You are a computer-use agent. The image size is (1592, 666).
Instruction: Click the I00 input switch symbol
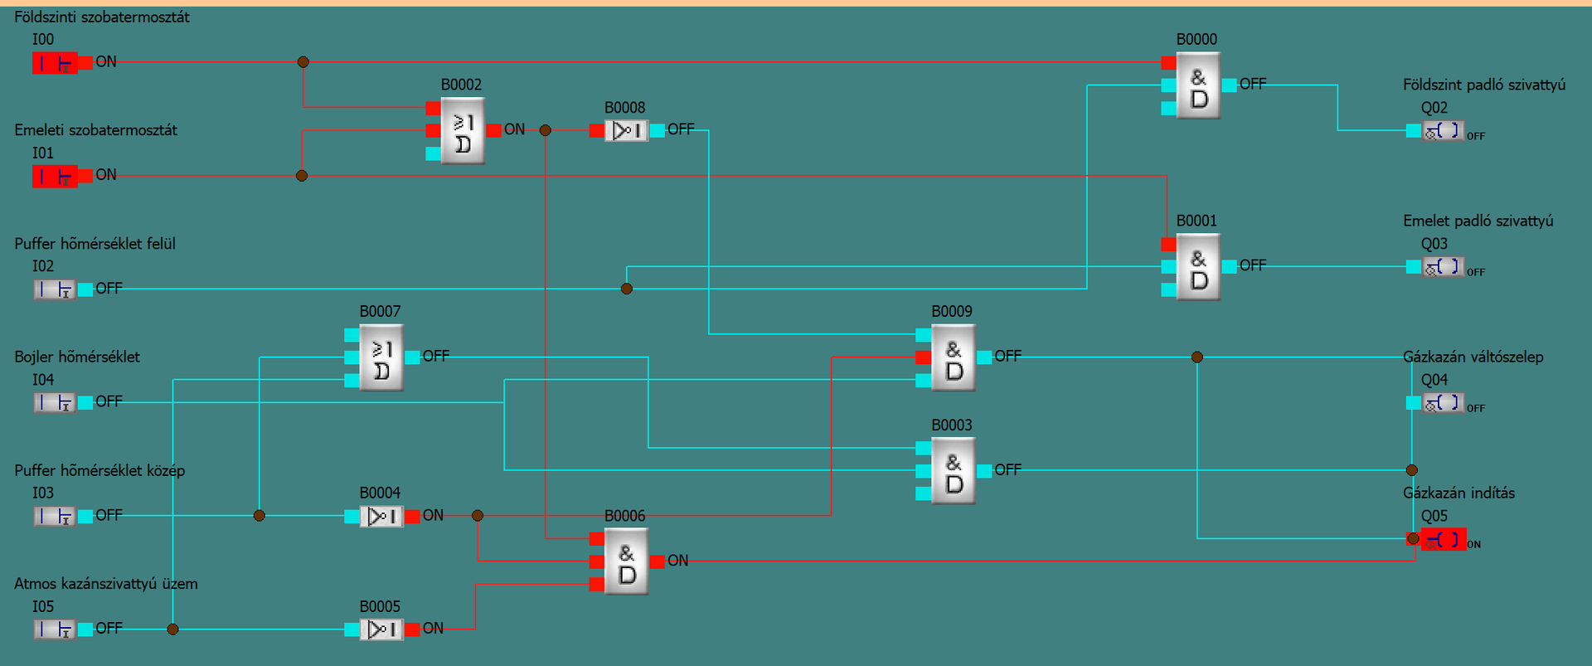[x=55, y=63]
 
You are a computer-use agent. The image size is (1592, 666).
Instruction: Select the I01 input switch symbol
[x=55, y=176]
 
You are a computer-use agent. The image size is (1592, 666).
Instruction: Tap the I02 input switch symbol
[x=55, y=289]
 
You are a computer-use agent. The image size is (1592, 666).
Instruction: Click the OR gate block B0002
[x=463, y=131]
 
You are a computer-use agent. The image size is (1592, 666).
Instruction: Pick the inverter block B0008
[x=626, y=130]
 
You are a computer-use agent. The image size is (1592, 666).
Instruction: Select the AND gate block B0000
[x=1198, y=86]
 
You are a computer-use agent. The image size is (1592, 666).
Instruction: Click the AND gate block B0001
[x=1198, y=267]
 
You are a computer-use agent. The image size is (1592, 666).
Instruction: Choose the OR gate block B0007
[x=381, y=357]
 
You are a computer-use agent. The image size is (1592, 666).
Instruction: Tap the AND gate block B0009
[x=954, y=357]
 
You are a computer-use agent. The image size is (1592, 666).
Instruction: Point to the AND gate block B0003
[x=954, y=471]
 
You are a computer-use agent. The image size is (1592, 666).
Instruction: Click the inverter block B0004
[x=381, y=516]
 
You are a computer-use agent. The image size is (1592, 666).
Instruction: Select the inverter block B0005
[x=381, y=630]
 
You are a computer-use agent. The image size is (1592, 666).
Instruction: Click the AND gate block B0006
[x=626, y=561]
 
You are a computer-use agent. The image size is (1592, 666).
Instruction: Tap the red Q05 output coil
[x=1444, y=539]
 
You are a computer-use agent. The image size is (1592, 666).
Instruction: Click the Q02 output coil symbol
[x=1443, y=131]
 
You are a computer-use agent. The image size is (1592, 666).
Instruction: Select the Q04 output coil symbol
[x=1443, y=403]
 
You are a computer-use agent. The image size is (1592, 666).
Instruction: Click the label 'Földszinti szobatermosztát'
[x=102, y=17]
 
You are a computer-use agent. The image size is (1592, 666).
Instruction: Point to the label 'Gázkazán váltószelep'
[x=1473, y=357]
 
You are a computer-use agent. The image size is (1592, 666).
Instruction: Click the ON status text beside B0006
[x=678, y=561]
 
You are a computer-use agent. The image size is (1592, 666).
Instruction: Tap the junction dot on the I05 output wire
[x=172, y=630]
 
